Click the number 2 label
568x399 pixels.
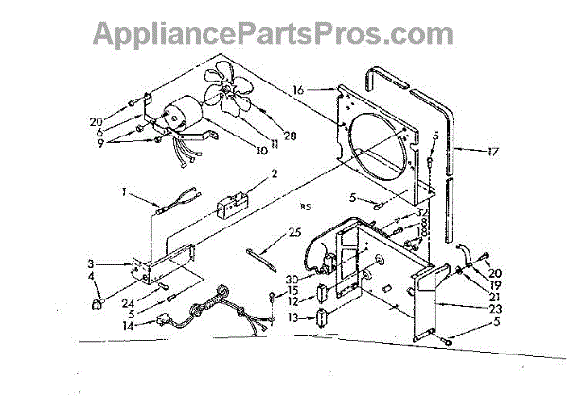pyautogui.click(x=274, y=173)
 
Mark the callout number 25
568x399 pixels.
pyautogui.click(x=295, y=231)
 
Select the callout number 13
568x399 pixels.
pyautogui.click(x=293, y=317)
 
